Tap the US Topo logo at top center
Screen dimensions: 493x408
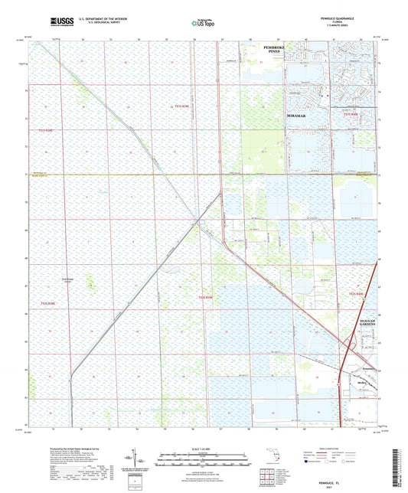[203, 24]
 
